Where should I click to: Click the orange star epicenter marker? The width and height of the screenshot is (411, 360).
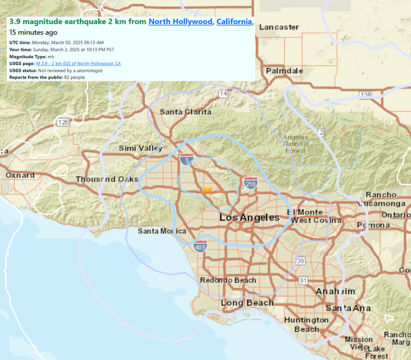[x=208, y=190]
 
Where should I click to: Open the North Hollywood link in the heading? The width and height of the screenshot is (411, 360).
[x=181, y=22]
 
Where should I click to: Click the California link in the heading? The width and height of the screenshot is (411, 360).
[x=234, y=22]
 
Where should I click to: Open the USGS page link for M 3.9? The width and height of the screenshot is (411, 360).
[x=78, y=63]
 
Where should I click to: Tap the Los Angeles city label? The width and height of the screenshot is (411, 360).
[x=249, y=217]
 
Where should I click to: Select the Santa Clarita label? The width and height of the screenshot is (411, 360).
[x=185, y=112]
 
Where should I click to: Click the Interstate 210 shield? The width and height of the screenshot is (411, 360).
[x=250, y=183]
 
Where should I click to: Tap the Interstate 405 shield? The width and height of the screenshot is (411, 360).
[x=200, y=247]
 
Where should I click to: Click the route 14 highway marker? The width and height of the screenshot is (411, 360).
[x=223, y=93]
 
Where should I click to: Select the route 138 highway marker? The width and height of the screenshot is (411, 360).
[x=365, y=95]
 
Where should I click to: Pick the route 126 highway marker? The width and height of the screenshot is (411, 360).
[x=63, y=122]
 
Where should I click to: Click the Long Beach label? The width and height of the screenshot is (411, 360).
[x=247, y=303]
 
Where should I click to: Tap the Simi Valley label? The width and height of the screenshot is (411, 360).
[x=141, y=148]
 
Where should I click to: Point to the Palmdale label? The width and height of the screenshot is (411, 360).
[x=284, y=71]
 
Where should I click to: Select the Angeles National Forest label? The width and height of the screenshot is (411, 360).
[x=296, y=144]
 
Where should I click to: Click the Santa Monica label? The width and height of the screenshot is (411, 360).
[x=162, y=231]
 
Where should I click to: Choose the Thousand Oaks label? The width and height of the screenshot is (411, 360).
[x=107, y=179]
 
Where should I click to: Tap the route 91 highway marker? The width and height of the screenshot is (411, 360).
[x=303, y=280]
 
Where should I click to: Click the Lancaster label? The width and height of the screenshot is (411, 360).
[x=279, y=27]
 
